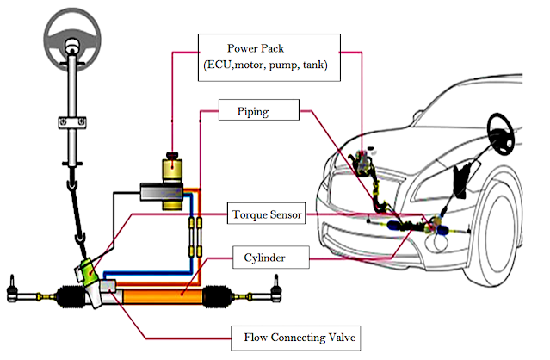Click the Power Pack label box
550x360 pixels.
coord(269,58)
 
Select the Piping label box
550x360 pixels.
coord(259,110)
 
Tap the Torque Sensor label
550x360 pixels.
coord(266,214)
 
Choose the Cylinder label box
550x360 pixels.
coord(271,258)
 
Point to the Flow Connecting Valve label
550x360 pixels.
coord(296,338)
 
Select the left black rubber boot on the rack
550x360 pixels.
coord(71,297)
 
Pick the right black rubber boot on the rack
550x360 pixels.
coord(218,296)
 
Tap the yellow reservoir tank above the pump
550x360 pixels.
coord(172,169)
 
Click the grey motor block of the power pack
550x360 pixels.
coord(161,192)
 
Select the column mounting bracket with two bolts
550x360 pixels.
coord(72,122)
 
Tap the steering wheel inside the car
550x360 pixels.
coord(502,134)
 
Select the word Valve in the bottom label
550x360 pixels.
coord(342,338)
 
